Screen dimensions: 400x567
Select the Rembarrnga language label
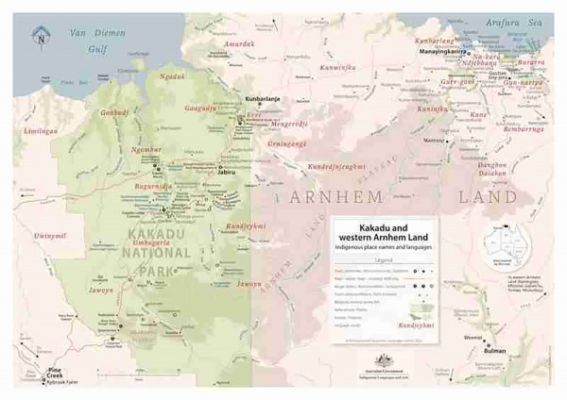point(536,127)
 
